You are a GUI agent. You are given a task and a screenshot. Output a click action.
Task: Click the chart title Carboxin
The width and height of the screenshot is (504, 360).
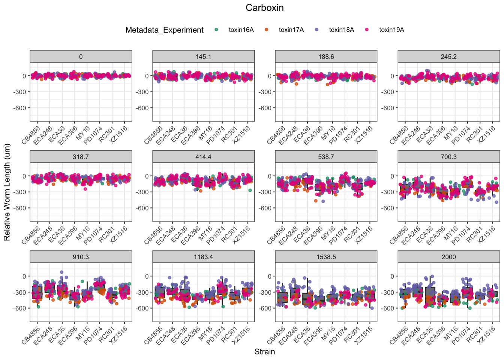[264, 8]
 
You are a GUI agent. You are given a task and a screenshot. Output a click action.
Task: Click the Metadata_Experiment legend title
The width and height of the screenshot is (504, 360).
[165, 30]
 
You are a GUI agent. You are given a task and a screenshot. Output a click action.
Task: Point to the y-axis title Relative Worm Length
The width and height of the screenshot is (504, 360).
[7, 192]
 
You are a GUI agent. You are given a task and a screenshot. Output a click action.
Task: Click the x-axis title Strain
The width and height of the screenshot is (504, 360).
[264, 352]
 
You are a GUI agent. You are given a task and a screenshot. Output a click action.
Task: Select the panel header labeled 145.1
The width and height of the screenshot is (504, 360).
[203, 57]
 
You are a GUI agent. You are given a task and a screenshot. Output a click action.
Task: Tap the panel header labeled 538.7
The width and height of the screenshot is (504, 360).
[326, 157]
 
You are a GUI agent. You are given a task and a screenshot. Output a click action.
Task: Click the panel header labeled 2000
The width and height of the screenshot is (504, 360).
[448, 257]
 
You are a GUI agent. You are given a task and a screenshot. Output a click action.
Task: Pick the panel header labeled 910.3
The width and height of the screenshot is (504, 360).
[81, 257]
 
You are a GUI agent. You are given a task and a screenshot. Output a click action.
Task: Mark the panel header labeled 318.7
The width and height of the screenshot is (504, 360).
[81, 157]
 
